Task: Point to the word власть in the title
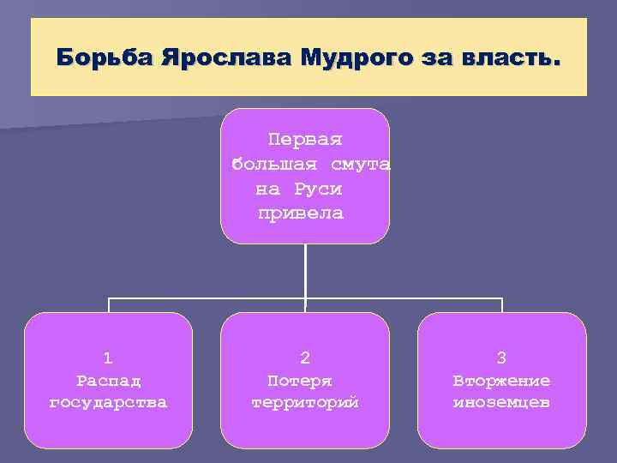coord(513,58)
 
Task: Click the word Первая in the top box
coord(305,139)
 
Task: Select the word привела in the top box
coord(301,213)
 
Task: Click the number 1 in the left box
coord(108,358)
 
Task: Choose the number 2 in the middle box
coord(305,358)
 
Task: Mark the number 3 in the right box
coord(502,358)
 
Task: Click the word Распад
coord(108,380)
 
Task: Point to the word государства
coord(108,401)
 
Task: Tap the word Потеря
coord(300,380)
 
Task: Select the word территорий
coord(305,401)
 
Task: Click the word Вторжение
coord(502,380)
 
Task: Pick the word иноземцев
coord(502,401)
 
